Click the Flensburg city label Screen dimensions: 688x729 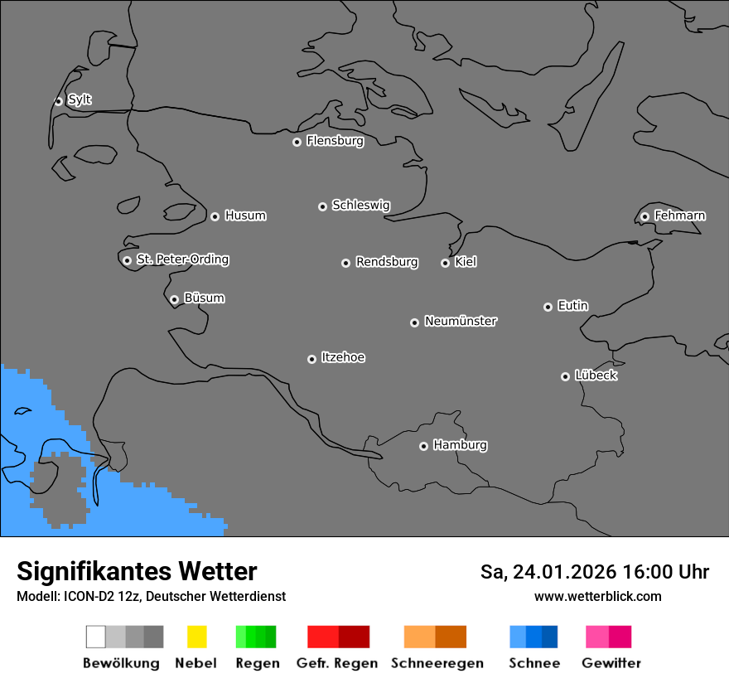click(x=335, y=141)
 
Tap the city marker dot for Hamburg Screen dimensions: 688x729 click(x=423, y=446)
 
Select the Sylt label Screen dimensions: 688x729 click(x=80, y=99)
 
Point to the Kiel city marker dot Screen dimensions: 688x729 click(x=445, y=263)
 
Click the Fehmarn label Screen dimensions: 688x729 click(x=679, y=216)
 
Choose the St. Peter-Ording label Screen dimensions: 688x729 click(x=182, y=259)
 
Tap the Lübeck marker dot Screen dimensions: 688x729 click(x=565, y=376)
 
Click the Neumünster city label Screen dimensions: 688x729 click(x=461, y=321)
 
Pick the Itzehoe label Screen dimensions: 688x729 click(x=343, y=357)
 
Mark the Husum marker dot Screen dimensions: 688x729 click(x=215, y=216)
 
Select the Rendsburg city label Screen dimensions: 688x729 click(x=387, y=262)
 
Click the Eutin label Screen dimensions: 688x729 click(x=572, y=306)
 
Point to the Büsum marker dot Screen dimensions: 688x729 click(x=174, y=299)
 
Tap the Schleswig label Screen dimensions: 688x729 click(x=360, y=205)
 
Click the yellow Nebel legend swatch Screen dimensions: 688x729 click(x=196, y=637)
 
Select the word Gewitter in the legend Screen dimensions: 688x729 click(x=611, y=663)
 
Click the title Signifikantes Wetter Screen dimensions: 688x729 click(x=137, y=571)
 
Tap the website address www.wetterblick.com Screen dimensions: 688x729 click(x=597, y=596)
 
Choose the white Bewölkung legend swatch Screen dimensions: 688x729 click(x=95, y=637)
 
